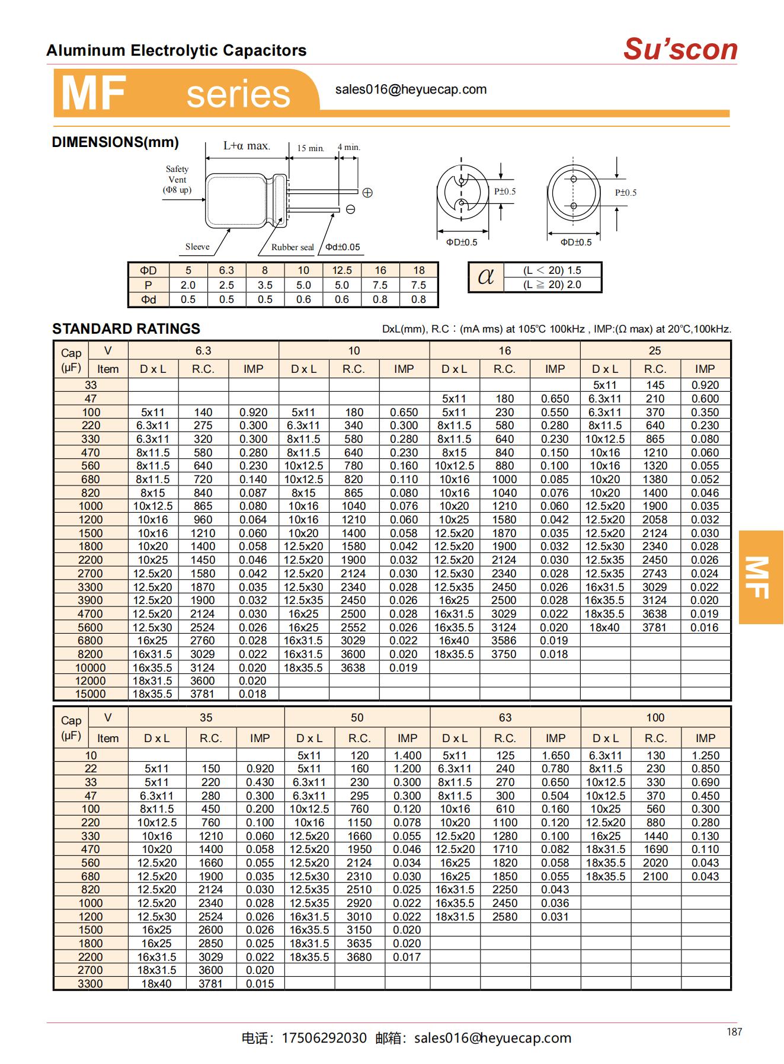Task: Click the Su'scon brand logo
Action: coord(680,49)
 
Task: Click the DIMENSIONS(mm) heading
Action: coord(115,142)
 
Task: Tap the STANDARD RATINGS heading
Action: coord(126,329)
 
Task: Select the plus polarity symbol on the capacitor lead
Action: coord(367,193)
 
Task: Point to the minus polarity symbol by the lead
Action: coord(351,209)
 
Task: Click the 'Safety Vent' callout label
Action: coord(177,179)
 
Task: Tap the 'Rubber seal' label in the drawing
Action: coord(292,247)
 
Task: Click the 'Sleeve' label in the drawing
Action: coord(197,247)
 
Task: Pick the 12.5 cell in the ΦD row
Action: coord(342,270)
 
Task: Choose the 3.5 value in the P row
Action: coord(265,285)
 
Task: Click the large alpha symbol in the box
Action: coord(485,277)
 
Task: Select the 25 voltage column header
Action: coord(655,350)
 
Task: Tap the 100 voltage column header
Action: coord(655,717)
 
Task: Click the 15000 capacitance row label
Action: coord(91,694)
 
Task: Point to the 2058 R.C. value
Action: coord(655,520)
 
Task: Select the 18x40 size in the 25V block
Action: coord(604,628)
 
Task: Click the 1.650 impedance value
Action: coord(555,756)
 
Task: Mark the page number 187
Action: coord(734,1032)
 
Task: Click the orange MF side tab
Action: coord(761,577)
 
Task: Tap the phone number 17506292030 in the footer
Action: coord(324,1038)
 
